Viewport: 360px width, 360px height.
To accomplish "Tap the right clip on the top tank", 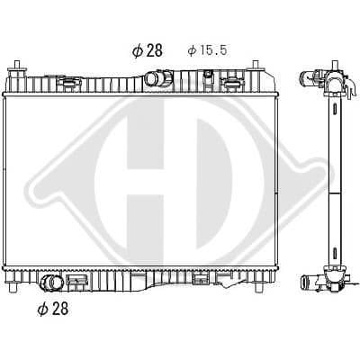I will coord(233,83).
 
